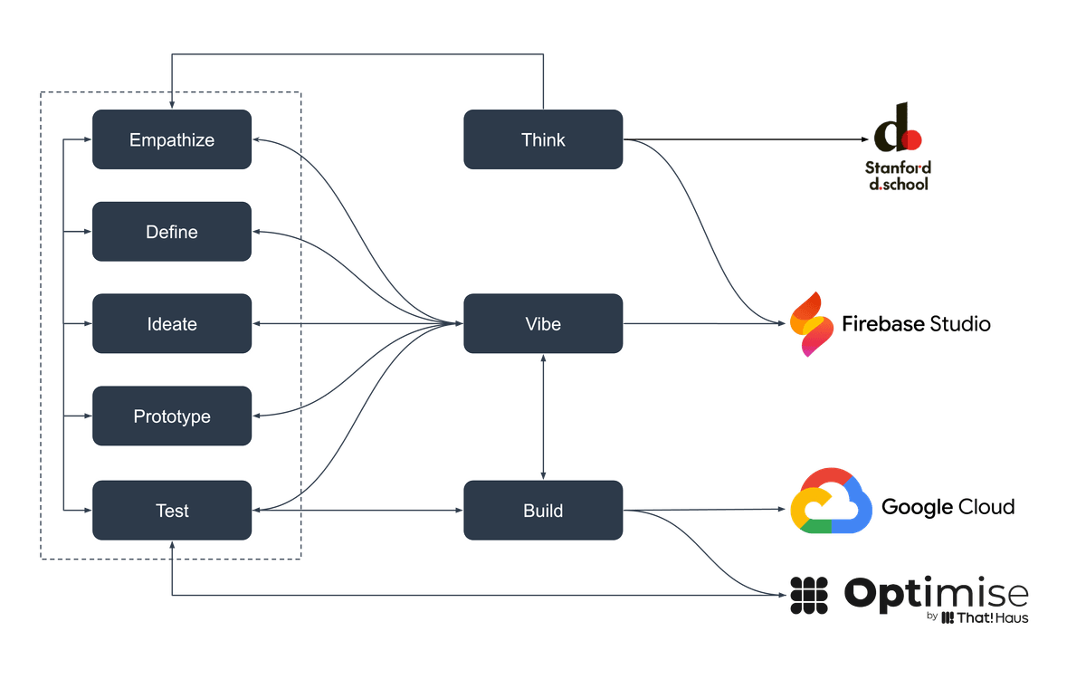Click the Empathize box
click(172, 139)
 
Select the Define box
click(172, 232)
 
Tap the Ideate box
click(172, 324)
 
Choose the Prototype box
click(172, 416)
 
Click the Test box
click(172, 511)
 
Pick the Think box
click(543, 139)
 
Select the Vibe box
click(543, 324)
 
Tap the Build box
click(543, 511)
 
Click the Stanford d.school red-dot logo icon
click(897, 131)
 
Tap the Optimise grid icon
click(809, 594)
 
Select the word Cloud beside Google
click(986, 507)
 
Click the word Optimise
click(936, 594)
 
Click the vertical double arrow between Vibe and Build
click(543, 416)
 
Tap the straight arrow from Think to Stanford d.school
click(751, 140)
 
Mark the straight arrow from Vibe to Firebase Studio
click(706, 324)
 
